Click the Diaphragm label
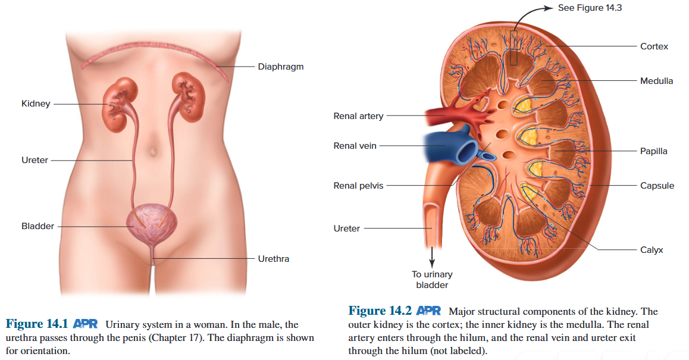tap(280, 67)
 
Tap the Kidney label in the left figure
tap(36, 104)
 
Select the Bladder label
tap(37, 226)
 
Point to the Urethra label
tap(273, 259)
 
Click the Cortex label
tap(654, 46)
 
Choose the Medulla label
tap(656, 81)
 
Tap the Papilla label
tap(653, 151)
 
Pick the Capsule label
tap(657, 186)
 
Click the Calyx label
tap(652, 250)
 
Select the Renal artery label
tap(358, 116)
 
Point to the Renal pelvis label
tap(358, 186)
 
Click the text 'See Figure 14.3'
tap(590, 8)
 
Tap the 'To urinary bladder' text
tap(432, 280)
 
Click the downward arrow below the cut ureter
tap(433, 257)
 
